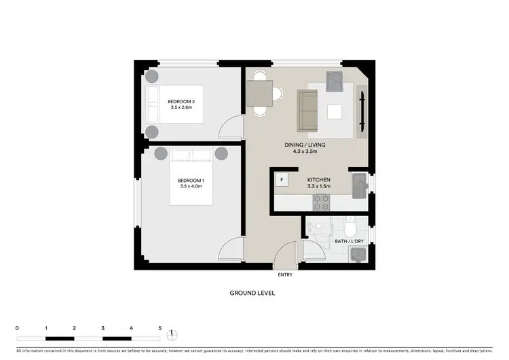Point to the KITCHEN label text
pos(318,181)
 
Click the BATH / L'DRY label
pos(349,241)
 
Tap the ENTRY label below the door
pos(286,276)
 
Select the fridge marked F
pos(282,180)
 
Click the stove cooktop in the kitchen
pos(320,202)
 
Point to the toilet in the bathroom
pos(350,225)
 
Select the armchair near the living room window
pos(335,82)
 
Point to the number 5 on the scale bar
pos(160,328)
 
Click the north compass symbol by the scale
pos(173,334)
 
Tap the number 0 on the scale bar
pos(17,328)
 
